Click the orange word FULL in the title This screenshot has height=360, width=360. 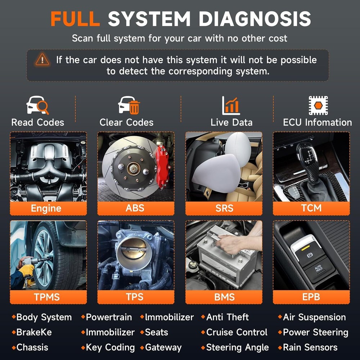(x=75, y=18)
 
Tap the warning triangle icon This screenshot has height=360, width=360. (x=42, y=60)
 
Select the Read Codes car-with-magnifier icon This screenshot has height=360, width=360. (x=37, y=105)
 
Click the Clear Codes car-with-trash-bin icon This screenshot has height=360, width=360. (x=129, y=105)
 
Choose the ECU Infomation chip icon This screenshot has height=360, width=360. (x=318, y=105)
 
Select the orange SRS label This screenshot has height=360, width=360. (x=224, y=208)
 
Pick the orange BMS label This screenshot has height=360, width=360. (x=224, y=297)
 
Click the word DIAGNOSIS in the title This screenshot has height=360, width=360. (x=255, y=18)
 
